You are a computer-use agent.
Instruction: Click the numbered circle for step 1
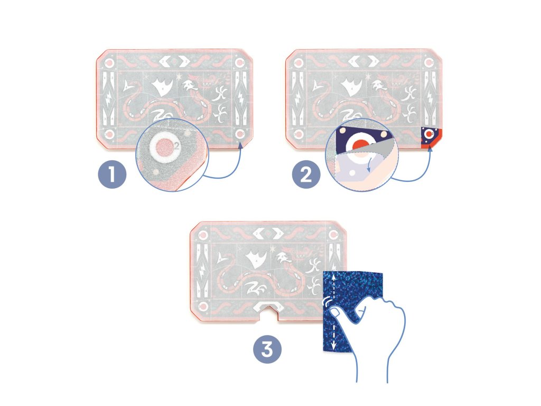[112, 177]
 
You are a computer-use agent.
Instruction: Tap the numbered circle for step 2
[305, 177]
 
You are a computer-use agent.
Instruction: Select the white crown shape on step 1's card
[161, 86]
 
